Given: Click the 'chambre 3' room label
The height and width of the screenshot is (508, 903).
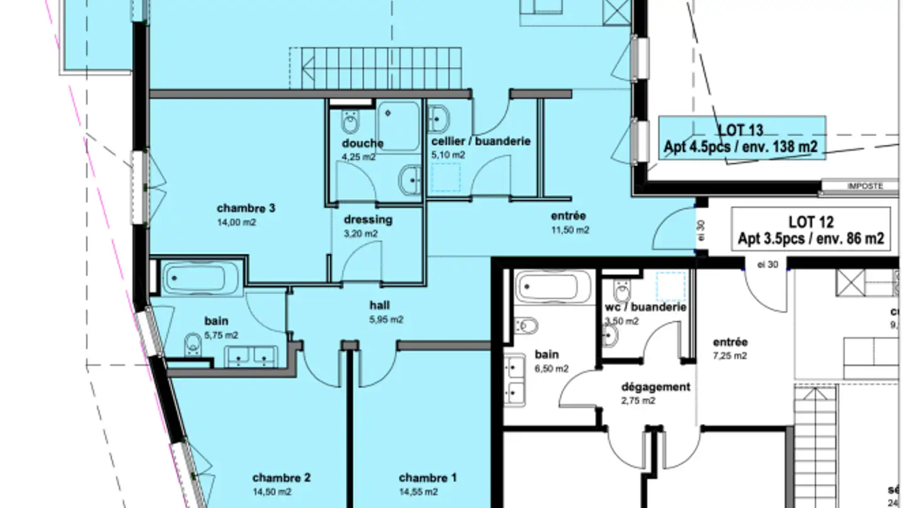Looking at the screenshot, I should click(x=246, y=208).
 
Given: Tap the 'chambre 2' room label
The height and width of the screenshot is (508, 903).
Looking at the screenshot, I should click(x=282, y=478).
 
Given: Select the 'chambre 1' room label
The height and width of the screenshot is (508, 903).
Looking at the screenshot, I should click(x=428, y=478).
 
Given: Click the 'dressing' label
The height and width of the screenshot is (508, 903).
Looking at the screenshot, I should click(x=368, y=220).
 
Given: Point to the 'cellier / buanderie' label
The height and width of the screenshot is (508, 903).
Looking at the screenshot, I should click(x=481, y=141).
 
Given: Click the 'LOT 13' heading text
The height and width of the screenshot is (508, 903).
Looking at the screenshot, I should click(x=741, y=130).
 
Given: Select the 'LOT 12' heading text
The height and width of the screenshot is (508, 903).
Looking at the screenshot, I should click(x=811, y=223).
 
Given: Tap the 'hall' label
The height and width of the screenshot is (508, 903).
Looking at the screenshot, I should click(x=379, y=305).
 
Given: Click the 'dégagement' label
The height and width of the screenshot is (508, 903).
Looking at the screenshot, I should click(x=655, y=387).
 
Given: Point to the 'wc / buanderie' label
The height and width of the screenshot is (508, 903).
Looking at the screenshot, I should click(x=646, y=307).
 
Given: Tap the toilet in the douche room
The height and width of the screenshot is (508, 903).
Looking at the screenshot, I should click(x=350, y=120).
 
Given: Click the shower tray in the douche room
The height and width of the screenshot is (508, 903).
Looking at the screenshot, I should click(x=398, y=125).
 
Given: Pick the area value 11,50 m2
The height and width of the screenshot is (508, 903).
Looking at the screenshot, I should click(x=569, y=230).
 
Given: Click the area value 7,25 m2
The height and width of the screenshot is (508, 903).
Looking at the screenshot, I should click(x=730, y=356).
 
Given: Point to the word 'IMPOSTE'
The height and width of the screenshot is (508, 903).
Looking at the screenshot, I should click(x=865, y=186).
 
